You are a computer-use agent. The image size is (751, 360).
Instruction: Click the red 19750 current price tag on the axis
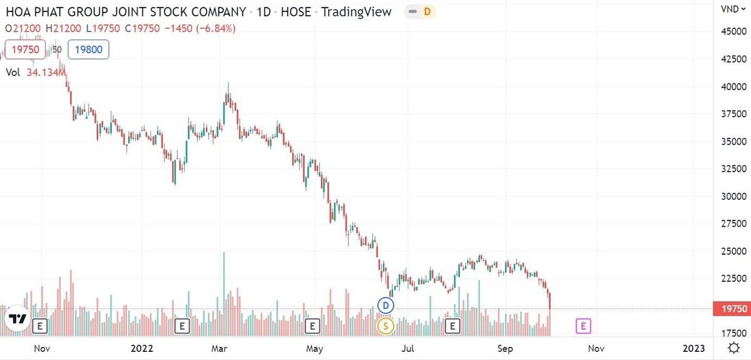pos(731,309)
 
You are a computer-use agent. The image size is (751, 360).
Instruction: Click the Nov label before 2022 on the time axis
pos(41,348)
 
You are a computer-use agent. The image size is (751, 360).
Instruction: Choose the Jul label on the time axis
pos(408,348)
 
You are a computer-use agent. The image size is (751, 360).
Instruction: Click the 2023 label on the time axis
pos(693,348)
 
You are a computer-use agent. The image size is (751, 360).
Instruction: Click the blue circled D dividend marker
pos(386,306)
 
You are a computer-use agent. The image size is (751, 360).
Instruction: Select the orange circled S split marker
pos(386,326)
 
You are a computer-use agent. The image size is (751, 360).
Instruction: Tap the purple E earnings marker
pos(583,326)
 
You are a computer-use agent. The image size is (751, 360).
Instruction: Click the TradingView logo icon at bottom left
pos(18,319)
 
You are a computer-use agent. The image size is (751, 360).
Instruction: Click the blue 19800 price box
pos(88,49)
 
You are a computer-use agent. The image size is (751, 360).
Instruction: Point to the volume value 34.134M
pos(46,73)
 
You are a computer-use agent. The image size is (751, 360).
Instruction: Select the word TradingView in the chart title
pos(356,11)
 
